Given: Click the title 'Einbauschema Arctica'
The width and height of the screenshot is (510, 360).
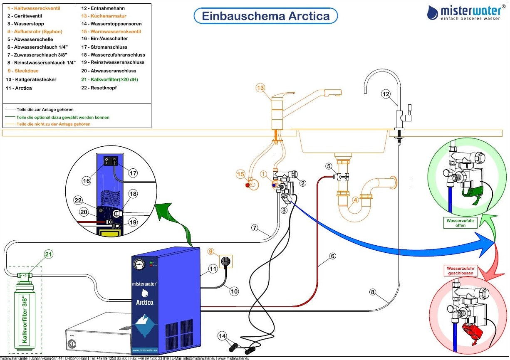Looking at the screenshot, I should [265, 16].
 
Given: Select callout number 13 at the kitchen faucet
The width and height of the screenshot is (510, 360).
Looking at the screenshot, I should [260, 88].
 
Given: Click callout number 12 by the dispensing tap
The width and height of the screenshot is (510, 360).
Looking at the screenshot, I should [386, 94].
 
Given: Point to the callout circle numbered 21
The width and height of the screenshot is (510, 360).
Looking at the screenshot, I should [49, 254].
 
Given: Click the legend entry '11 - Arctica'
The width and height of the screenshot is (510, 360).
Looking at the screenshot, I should [19, 88].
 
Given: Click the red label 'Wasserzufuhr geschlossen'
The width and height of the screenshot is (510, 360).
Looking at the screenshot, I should [461, 271].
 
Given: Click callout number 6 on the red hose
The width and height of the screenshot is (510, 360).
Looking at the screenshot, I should [332, 256].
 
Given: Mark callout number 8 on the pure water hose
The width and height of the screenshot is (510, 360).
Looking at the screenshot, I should [373, 292].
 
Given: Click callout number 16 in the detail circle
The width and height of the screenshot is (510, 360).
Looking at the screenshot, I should [86, 181].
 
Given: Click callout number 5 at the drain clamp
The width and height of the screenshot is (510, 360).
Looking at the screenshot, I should [329, 167].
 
